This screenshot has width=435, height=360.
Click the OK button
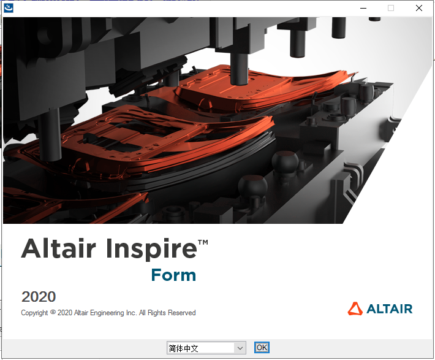[x=262, y=348]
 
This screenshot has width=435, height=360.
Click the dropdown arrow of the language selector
[x=240, y=348]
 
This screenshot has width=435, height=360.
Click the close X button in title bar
[x=418, y=8]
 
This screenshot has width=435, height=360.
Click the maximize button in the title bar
[x=391, y=8]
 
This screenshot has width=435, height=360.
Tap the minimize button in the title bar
[x=363, y=8]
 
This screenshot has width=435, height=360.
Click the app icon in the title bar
[x=9, y=8]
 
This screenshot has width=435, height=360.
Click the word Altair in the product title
[x=59, y=250]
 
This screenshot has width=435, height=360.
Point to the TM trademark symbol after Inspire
[x=203, y=243]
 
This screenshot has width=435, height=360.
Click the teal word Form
[x=173, y=275]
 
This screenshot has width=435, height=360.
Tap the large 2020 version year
[x=39, y=297]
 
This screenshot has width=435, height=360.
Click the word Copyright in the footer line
[x=34, y=313]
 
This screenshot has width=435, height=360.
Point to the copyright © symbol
[x=53, y=312]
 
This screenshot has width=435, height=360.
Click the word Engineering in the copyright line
[x=118, y=313]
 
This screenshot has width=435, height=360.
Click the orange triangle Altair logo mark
[x=355, y=308]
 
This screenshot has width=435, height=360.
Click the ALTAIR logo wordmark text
[x=390, y=308]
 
